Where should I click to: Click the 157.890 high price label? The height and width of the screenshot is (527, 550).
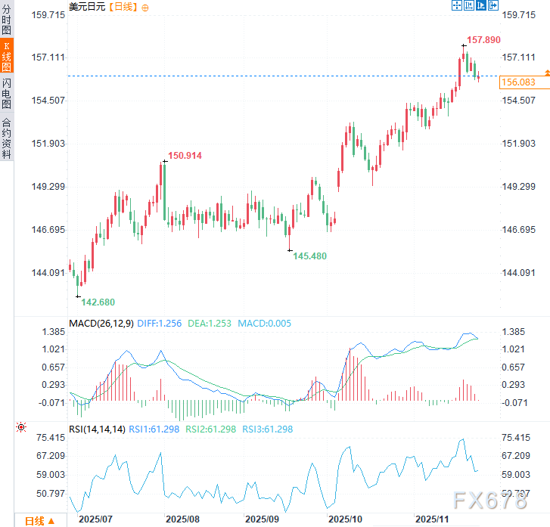pyautogui.click(x=483, y=39)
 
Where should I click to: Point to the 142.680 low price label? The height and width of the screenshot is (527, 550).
pyautogui.click(x=98, y=302)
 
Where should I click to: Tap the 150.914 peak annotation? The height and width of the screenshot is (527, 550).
pyautogui.click(x=185, y=155)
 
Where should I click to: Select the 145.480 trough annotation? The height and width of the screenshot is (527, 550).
pyautogui.click(x=310, y=256)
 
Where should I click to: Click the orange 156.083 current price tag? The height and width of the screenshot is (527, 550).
pyautogui.click(x=518, y=82)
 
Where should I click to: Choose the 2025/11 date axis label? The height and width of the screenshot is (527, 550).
pyautogui.click(x=434, y=519)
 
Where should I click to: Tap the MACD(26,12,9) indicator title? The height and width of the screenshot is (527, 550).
pyautogui.click(x=101, y=324)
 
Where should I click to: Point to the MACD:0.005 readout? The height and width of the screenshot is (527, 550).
pyautogui.click(x=264, y=324)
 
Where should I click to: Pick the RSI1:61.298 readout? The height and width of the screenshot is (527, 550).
pyautogui.click(x=154, y=429)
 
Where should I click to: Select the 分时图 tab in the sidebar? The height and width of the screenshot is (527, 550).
pyautogui.click(x=7, y=20)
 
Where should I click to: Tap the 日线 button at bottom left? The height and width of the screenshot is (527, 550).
pyautogui.click(x=39, y=520)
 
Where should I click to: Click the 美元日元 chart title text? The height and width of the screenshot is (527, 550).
pyautogui.click(x=87, y=7)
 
